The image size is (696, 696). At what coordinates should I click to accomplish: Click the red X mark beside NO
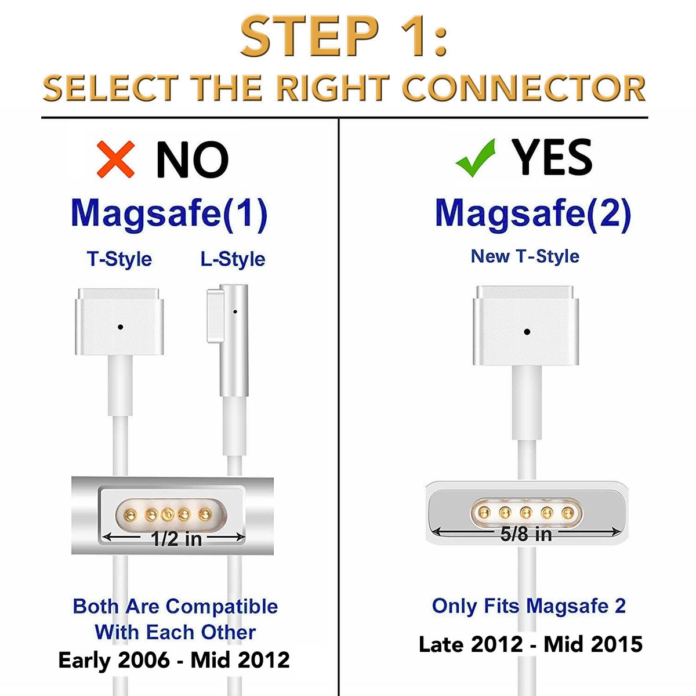[x=115, y=159]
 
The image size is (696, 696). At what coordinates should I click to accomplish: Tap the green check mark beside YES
[x=476, y=158]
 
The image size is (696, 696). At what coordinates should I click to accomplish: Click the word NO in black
[x=192, y=159]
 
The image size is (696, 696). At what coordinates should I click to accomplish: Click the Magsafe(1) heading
[x=169, y=213]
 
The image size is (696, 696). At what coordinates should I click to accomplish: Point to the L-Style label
[x=233, y=259]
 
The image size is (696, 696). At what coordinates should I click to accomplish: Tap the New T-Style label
[x=525, y=256]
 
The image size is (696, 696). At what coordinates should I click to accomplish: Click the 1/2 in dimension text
[x=176, y=539]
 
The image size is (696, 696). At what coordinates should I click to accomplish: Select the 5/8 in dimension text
[x=526, y=534]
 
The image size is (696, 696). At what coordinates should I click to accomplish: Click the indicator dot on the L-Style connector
[x=235, y=311]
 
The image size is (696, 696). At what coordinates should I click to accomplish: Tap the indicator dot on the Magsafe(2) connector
[x=527, y=332]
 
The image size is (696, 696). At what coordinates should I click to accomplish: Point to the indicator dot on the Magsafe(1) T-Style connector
[x=120, y=327]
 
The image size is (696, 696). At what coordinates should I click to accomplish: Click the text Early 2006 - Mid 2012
[x=174, y=660]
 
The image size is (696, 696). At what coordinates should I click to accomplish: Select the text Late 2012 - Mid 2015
[x=531, y=644]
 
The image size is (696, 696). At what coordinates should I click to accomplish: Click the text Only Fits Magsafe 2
[x=529, y=606]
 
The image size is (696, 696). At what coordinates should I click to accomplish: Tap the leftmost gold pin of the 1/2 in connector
[x=130, y=514]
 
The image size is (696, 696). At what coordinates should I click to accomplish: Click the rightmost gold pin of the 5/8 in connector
[x=567, y=512]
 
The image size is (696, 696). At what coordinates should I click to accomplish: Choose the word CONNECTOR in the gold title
[x=524, y=89]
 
